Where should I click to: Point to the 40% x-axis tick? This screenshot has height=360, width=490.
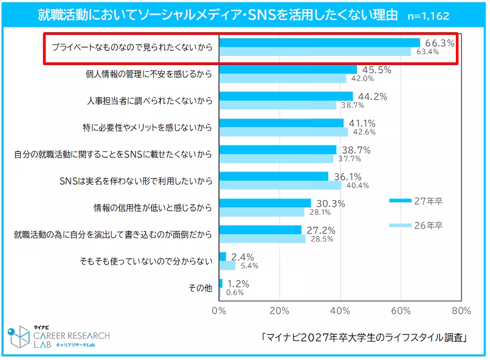click(340, 311)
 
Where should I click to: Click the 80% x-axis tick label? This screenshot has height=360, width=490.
click(461, 311)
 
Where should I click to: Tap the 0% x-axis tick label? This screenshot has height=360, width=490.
click(219, 311)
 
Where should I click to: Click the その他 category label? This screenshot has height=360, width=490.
click(199, 288)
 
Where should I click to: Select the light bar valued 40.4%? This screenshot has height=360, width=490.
click(280, 185)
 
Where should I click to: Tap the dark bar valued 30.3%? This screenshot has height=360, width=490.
click(264, 202)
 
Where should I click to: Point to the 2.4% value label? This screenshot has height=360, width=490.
click(243, 257)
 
